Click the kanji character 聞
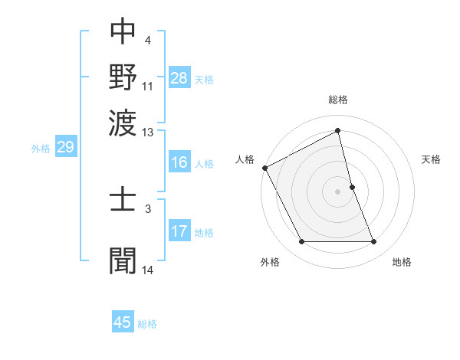tap(123, 260)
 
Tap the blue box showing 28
tap(179, 77)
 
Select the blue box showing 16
tap(179, 162)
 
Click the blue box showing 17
tap(179, 231)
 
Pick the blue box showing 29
tap(65, 147)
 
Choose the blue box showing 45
tap(123, 322)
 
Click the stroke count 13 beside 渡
tap(148, 133)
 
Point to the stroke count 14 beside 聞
tap(148, 270)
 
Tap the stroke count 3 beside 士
tap(147, 208)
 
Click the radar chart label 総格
tap(338, 100)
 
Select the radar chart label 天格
tap(431, 159)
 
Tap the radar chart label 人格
tap(245, 159)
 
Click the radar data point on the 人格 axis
tap(264, 168)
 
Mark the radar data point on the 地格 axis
tap(373, 242)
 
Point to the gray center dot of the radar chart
tap(338, 191)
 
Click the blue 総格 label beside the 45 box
tap(147, 324)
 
